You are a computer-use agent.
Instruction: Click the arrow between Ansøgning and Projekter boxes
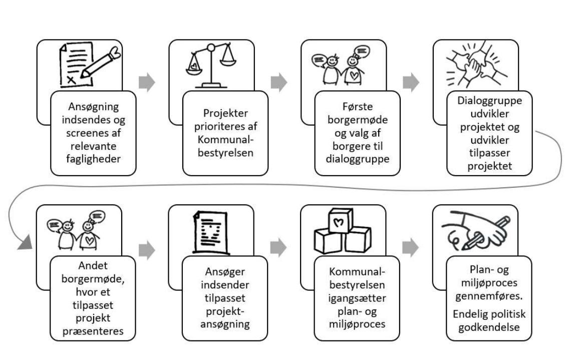pos(147,82)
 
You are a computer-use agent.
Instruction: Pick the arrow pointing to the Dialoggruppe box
pos(411,82)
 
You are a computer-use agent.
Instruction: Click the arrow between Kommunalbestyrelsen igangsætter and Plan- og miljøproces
pos(411,246)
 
